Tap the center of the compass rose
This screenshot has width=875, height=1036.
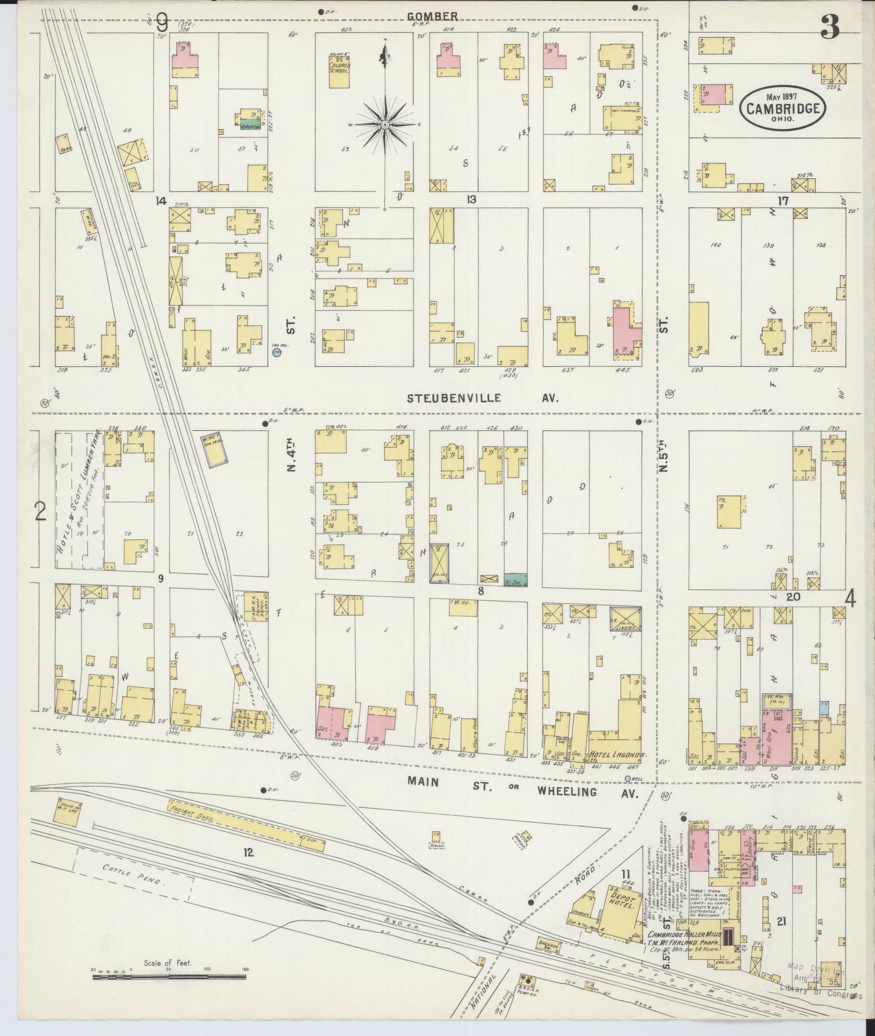click(385, 125)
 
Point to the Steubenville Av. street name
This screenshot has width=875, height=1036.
click(482, 398)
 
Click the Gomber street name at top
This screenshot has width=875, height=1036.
click(440, 16)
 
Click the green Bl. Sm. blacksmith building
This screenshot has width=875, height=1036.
click(515, 580)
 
